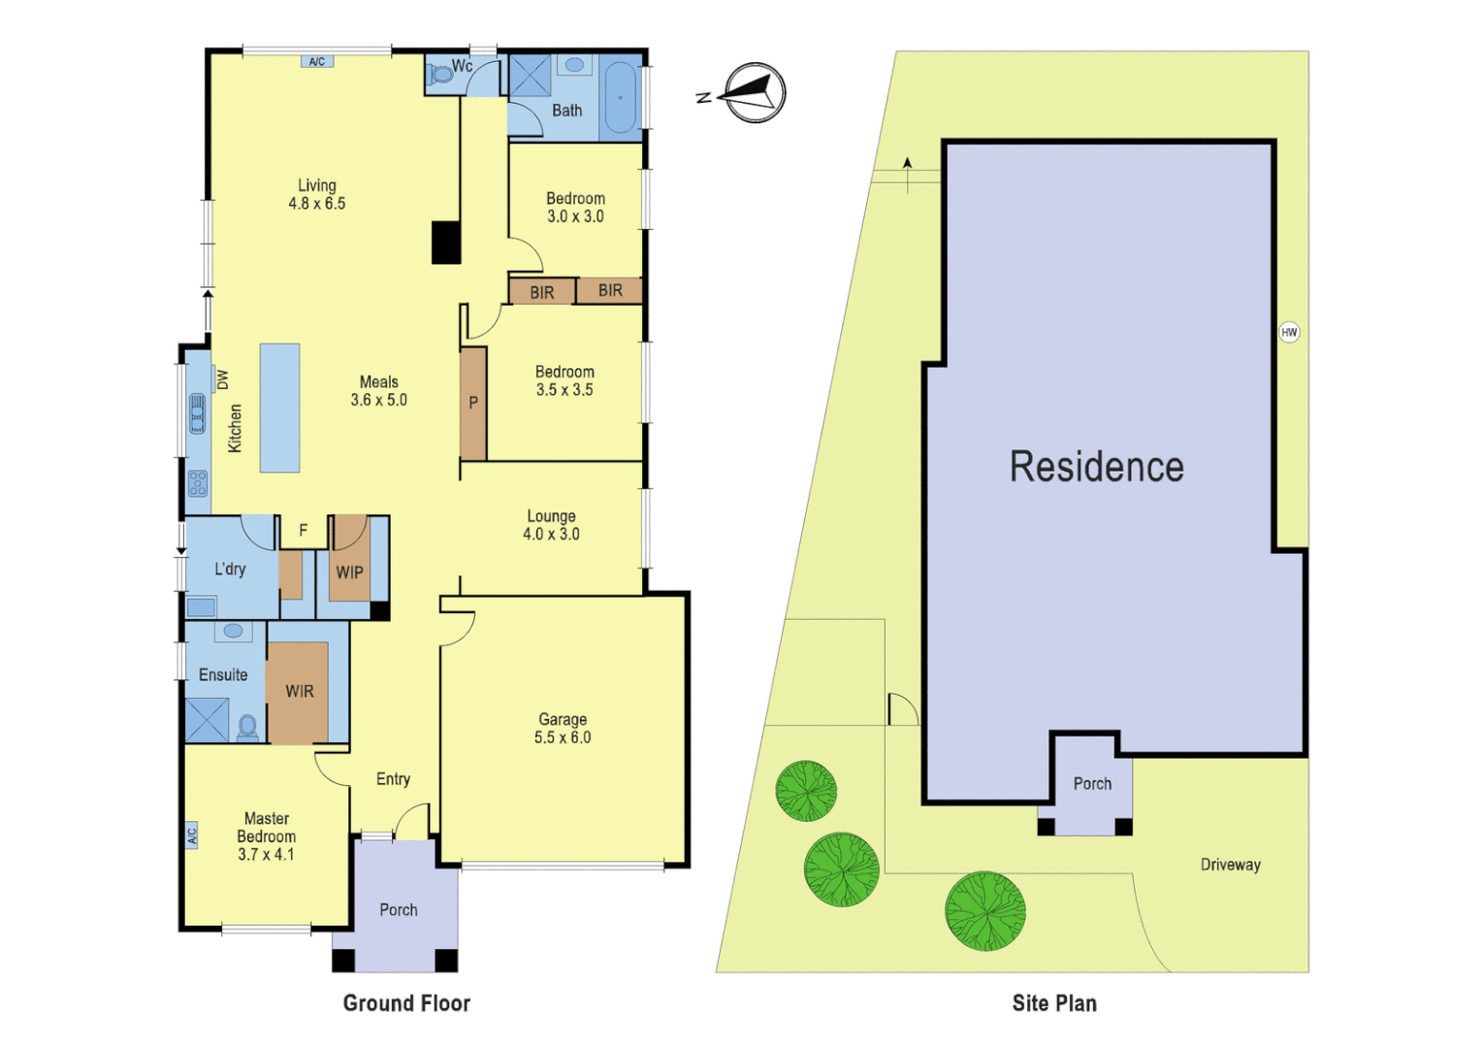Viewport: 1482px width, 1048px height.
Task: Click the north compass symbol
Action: coord(754,93)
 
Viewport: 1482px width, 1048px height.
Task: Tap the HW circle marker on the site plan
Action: coord(1289,332)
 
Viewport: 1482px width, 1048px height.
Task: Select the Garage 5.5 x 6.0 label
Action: coord(563,728)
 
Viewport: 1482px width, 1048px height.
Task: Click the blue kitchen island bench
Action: coord(279,408)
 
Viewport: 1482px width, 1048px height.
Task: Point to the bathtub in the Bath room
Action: coord(620,98)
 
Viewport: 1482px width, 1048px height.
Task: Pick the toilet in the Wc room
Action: coord(441,73)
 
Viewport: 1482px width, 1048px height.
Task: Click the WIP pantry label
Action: coord(349,573)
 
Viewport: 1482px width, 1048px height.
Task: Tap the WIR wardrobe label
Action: coord(299,691)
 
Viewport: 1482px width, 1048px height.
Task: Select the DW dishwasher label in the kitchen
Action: coord(222,379)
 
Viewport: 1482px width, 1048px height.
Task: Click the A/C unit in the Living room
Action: coord(317,62)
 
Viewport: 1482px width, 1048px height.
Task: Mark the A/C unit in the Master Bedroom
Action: coord(192,835)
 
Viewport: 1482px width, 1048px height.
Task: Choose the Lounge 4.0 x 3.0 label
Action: coord(551,525)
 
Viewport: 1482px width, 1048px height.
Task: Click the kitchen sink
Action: coord(198,413)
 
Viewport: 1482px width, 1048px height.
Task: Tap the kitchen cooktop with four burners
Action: coord(198,482)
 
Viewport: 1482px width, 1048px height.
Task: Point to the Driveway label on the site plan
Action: coord(1230,865)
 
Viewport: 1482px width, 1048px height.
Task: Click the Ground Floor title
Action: coord(406,1003)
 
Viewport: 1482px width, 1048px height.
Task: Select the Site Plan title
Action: coord(1054,1003)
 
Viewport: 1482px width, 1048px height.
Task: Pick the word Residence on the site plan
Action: coord(1096,467)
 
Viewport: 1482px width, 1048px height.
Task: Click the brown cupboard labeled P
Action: coord(473,403)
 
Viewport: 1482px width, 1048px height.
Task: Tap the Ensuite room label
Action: coord(223,674)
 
